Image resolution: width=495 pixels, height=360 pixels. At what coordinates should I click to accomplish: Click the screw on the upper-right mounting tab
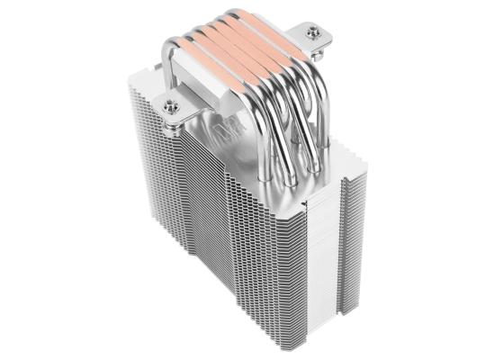click(313, 33)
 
